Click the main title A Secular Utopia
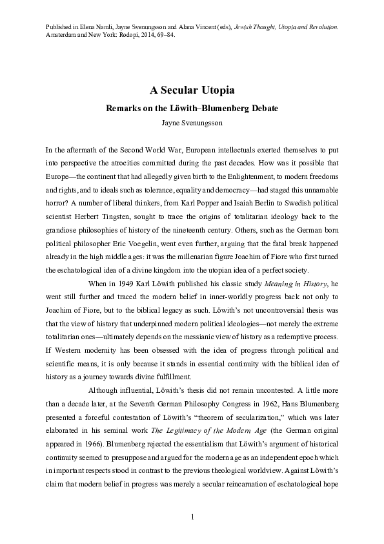(192, 90)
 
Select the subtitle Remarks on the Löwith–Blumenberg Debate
(192, 107)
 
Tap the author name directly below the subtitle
(192, 121)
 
